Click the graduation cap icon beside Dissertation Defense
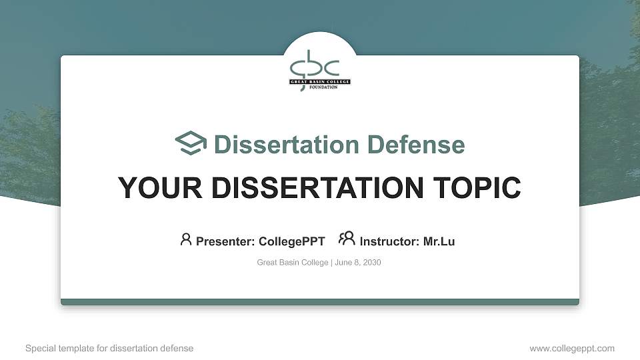point(191,143)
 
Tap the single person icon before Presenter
point(186,239)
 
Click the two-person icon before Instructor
point(347,239)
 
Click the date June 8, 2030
point(358,263)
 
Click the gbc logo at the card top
point(315,65)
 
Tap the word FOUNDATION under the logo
point(323,87)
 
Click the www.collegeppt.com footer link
point(571,348)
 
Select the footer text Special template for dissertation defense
point(109,348)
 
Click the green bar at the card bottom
point(320,302)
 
